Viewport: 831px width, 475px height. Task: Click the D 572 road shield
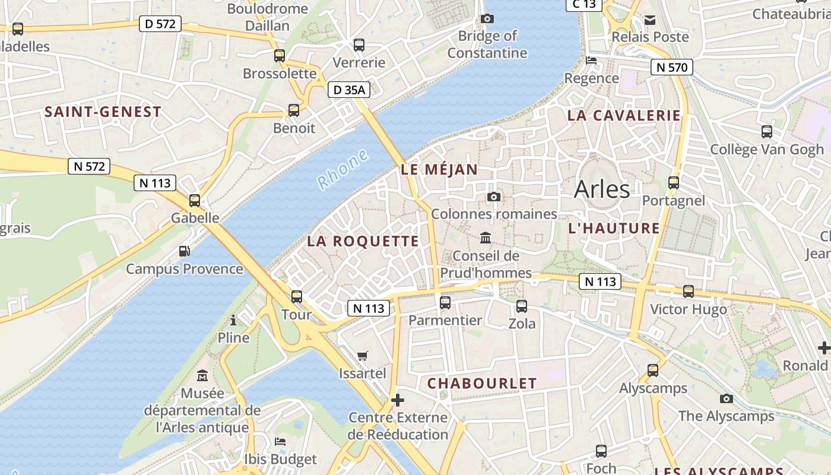click(x=160, y=24)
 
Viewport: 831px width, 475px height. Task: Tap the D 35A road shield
click(x=349, y=90)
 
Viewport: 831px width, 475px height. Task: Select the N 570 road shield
click(x=671, y=67)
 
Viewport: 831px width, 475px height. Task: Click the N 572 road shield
click(x=90, y=166)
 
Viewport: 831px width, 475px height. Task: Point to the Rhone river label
click(x=343, y=170)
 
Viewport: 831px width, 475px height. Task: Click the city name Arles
click(x=602, y=189)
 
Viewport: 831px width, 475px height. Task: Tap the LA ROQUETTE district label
click(x=363, y=241)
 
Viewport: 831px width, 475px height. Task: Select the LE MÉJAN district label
click(x=439, y=169)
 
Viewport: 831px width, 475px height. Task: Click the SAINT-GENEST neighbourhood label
click(x=103, y=112)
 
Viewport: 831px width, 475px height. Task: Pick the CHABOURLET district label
click(x=482, y=383)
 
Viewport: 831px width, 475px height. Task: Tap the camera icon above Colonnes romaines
click(x=493, y=197)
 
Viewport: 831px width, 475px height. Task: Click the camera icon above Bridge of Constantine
click(x=487, y=18)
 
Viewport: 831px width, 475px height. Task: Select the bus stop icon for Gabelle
click(x=195, y=201)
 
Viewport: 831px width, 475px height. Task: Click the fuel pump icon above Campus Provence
click(x=185, y=251)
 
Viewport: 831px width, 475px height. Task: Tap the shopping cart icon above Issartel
click(x=362, y=356)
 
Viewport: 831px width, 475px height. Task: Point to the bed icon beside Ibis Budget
click(x=280, y=442)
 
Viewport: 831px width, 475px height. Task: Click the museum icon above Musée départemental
click(x=202, y=376)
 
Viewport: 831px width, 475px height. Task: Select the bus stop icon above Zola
click(x=522, y=306)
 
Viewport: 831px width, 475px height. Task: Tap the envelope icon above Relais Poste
click(x=650, y=20)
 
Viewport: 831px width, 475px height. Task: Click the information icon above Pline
click(x=233, y=321)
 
